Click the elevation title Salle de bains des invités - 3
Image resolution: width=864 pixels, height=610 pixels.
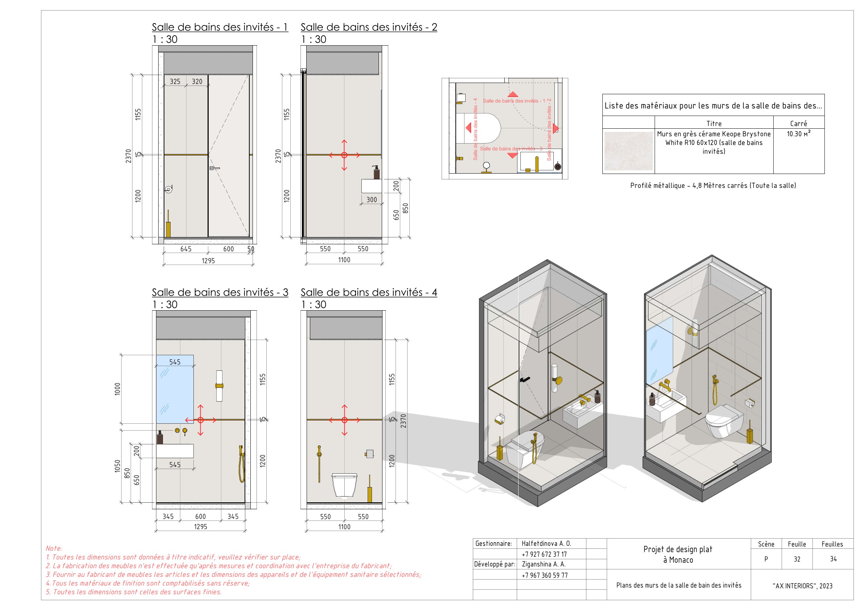pos(220,292)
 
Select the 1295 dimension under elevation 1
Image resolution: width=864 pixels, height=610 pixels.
pos(208,261)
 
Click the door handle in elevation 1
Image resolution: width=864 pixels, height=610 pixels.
pos(214,168)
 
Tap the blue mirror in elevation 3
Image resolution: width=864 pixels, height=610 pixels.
pos(175,389)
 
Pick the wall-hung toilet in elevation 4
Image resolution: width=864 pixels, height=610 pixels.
pos(344,485)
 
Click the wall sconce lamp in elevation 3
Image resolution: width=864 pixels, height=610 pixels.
pos(220,386)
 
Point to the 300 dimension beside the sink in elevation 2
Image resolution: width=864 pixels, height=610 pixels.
pos(372,200)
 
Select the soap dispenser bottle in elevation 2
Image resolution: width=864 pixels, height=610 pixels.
pos(376,173)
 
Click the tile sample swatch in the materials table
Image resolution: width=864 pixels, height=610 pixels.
pos(628,151)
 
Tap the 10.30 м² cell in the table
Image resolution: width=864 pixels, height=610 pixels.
pos(799,134)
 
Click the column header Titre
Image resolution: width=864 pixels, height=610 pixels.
pos(714,124)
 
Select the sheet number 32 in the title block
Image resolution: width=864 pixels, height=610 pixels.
pos(797,559)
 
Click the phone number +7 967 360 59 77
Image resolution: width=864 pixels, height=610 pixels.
pos(545,576)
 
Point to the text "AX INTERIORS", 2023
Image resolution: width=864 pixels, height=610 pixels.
pos(802,586)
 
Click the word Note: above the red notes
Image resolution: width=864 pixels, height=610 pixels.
pos(54,548)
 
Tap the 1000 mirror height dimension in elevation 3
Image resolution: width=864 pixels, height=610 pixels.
pos(118,389)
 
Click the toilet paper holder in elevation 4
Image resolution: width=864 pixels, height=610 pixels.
pos(369,454)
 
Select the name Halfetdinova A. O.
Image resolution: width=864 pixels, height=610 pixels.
pos(546,543)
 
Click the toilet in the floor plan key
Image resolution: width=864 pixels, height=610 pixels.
pos(480,128)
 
